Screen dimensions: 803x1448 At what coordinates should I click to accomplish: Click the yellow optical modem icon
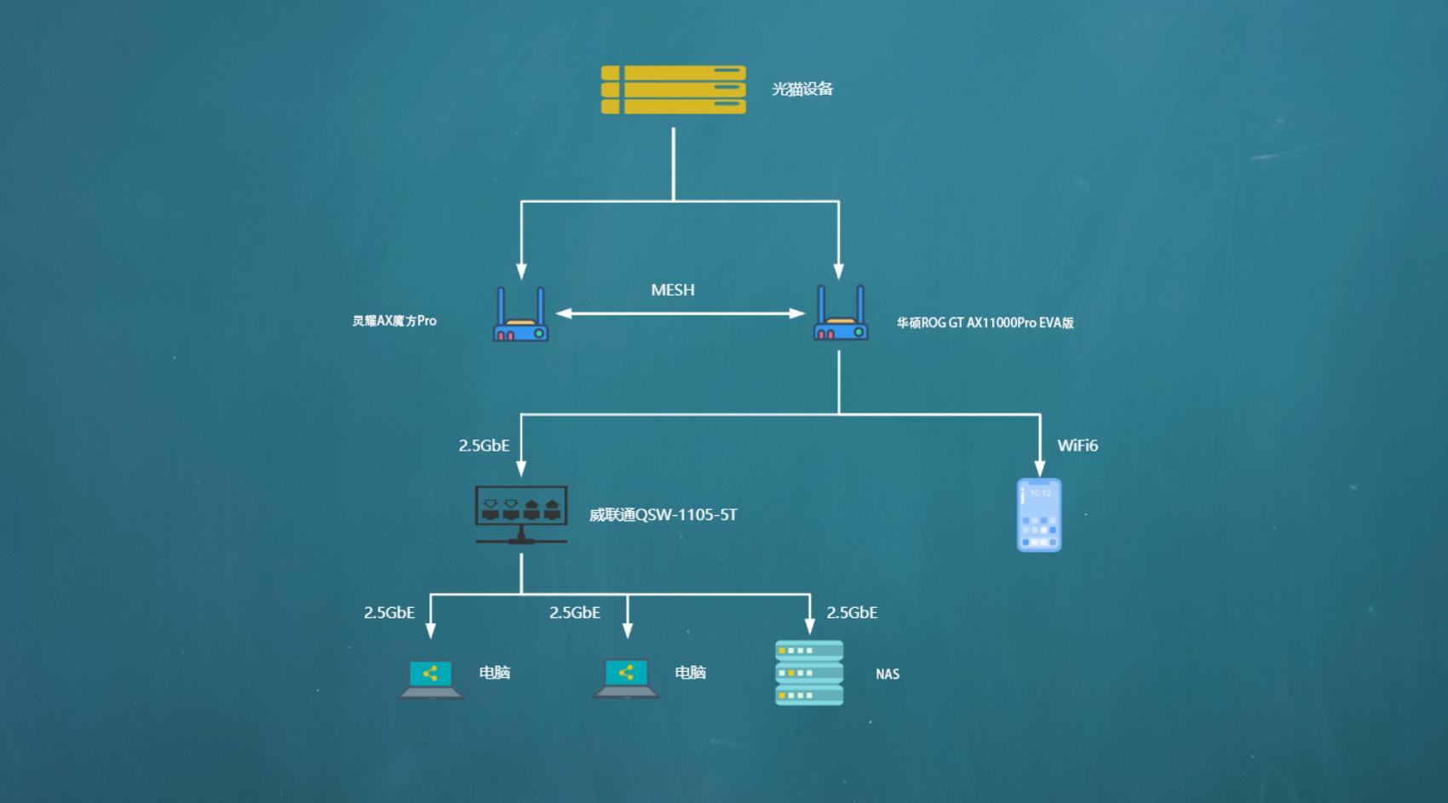click(x=673, y=89)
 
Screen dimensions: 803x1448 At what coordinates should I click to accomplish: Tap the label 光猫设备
click(x=802, y=89)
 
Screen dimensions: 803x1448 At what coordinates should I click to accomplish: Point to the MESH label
click(x=672, y=290)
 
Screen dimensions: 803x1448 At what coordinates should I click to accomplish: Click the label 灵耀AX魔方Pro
click(x=394, y=321)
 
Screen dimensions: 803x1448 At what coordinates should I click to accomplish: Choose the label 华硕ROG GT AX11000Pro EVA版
click(x=985, y=323)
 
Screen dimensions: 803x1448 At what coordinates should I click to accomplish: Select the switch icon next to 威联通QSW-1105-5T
click(x=521, y=514)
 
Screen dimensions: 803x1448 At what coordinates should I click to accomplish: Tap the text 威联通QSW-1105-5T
click(x=663, y=515)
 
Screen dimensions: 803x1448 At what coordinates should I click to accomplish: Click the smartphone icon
click(x=1039, y=515)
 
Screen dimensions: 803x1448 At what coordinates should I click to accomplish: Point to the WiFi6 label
click(x=1077, y=446)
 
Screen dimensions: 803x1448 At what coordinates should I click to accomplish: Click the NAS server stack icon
click(x=809, y=673)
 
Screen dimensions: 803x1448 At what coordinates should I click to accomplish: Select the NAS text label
click(x=888, y=674)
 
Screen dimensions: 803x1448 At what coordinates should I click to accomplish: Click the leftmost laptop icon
click(x=431, y=679)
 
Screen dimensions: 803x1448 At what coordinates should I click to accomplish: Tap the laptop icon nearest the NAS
click(x=627, y=679)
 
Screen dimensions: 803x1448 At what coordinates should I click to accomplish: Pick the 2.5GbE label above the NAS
click(x=852, y=613)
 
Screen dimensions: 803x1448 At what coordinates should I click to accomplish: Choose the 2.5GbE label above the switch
click(x=484, y=446)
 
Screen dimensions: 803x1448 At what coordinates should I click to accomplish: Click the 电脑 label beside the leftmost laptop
click(x=494, y=673)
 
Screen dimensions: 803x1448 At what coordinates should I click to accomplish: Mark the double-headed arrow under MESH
click(x=680, y=313)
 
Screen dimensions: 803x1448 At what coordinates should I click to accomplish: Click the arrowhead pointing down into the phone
click(x=1040, y=468)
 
